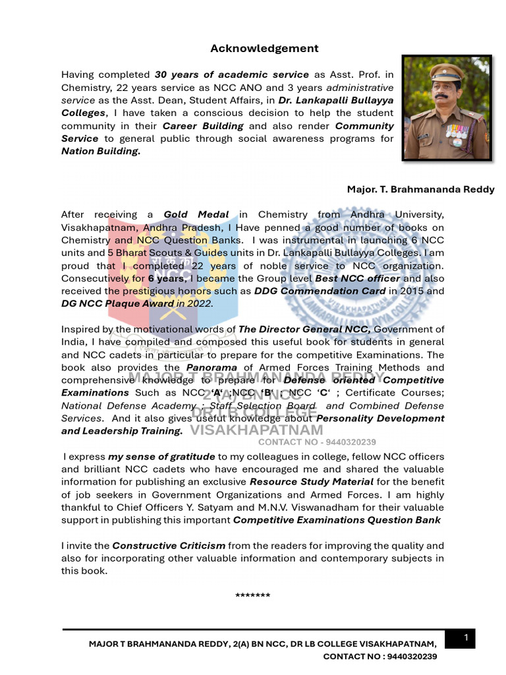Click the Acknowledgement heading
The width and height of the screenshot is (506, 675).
coord(264,48)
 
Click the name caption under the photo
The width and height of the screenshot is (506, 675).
coord(420,189)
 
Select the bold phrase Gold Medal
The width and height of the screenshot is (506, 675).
coord(196,214)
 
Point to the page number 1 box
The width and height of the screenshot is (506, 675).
coord(466,637)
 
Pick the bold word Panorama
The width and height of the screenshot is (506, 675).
coord(211,367)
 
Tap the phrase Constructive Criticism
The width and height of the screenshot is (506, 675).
coord(169,546)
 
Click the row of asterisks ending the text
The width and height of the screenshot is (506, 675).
coord(252,596)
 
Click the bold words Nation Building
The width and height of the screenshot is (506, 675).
coord(100,151)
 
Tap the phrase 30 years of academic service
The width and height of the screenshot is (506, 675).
coord(231,74)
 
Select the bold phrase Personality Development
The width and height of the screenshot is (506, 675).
coord(380,418)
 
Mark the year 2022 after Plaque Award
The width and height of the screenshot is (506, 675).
coord(200,303)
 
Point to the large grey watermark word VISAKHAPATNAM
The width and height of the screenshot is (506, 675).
coord(256,430)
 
